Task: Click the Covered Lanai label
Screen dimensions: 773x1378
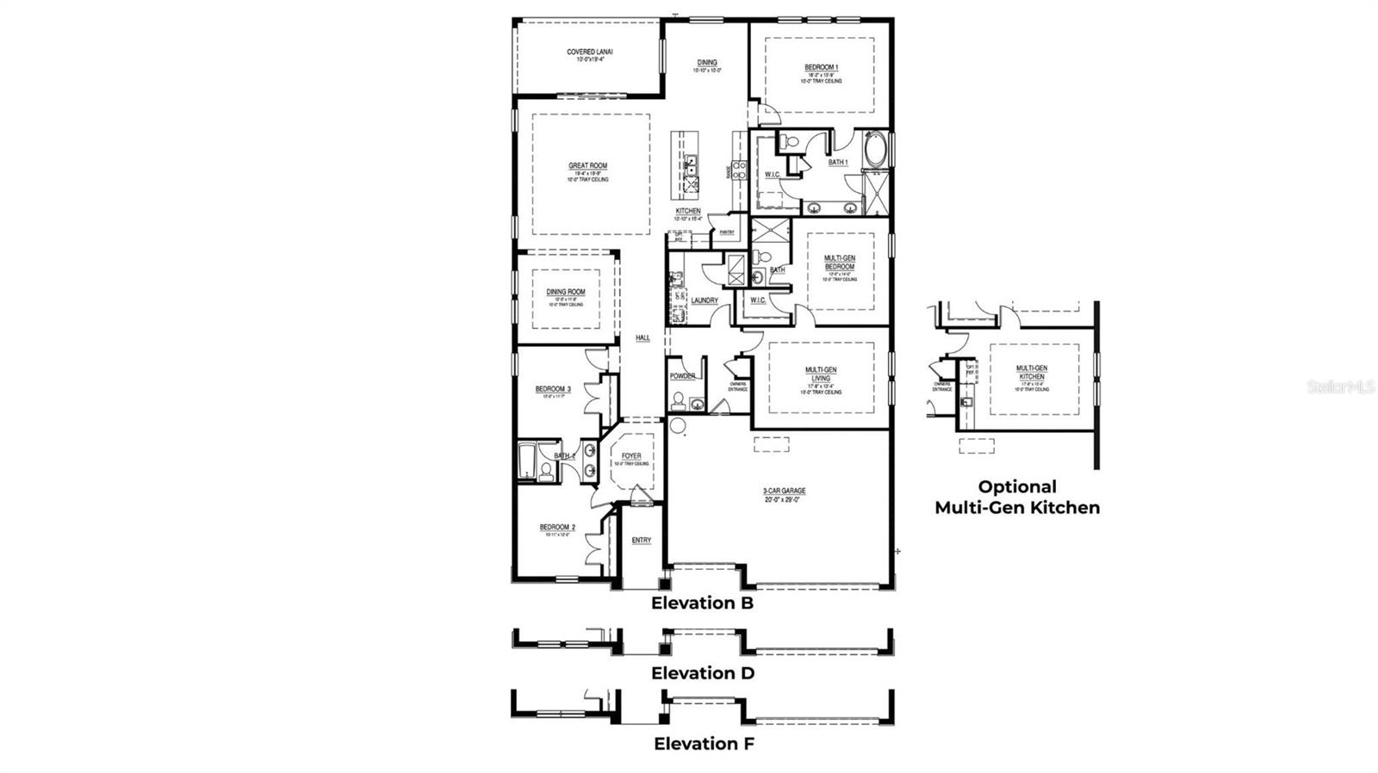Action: point(589,53)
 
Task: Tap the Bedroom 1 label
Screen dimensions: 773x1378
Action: point(821,68)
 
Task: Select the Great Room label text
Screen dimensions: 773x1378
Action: point(587,166)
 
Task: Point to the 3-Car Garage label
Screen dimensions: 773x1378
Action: point(784,492)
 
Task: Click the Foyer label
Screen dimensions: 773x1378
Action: point(631,456)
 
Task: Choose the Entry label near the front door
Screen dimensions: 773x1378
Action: point(641,541)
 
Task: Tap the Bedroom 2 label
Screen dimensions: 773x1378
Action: point(557,528)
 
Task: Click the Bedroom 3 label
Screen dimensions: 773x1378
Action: point(553,390)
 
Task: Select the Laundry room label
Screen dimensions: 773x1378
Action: point(705,300)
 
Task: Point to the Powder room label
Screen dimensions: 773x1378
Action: point(683,376)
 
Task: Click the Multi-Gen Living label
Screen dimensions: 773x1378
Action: point(820,374)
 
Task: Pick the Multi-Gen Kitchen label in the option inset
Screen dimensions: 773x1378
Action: point(1031,373)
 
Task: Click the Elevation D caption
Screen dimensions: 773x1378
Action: point(703,673)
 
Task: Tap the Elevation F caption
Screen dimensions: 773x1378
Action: point(704,744)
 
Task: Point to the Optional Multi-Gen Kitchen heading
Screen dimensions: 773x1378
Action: point(1017,498)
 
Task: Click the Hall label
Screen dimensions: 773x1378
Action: point(642,338)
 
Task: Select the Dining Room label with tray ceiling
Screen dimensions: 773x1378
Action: point(566,293)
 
